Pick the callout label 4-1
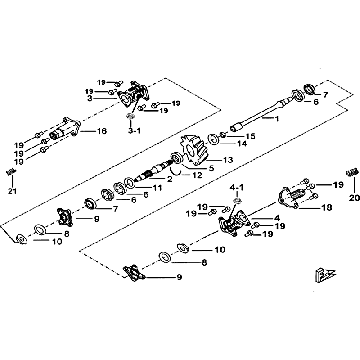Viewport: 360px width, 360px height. click(x=236, y=186)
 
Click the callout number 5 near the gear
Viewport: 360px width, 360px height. click(x=211, y=168)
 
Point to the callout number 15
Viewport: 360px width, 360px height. click(x=250, y=135)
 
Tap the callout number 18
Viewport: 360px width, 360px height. click(x=327, y=207)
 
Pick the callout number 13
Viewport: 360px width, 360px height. click(x=228, y=159)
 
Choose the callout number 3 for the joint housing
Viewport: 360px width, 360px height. click(x=90, y=98)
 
